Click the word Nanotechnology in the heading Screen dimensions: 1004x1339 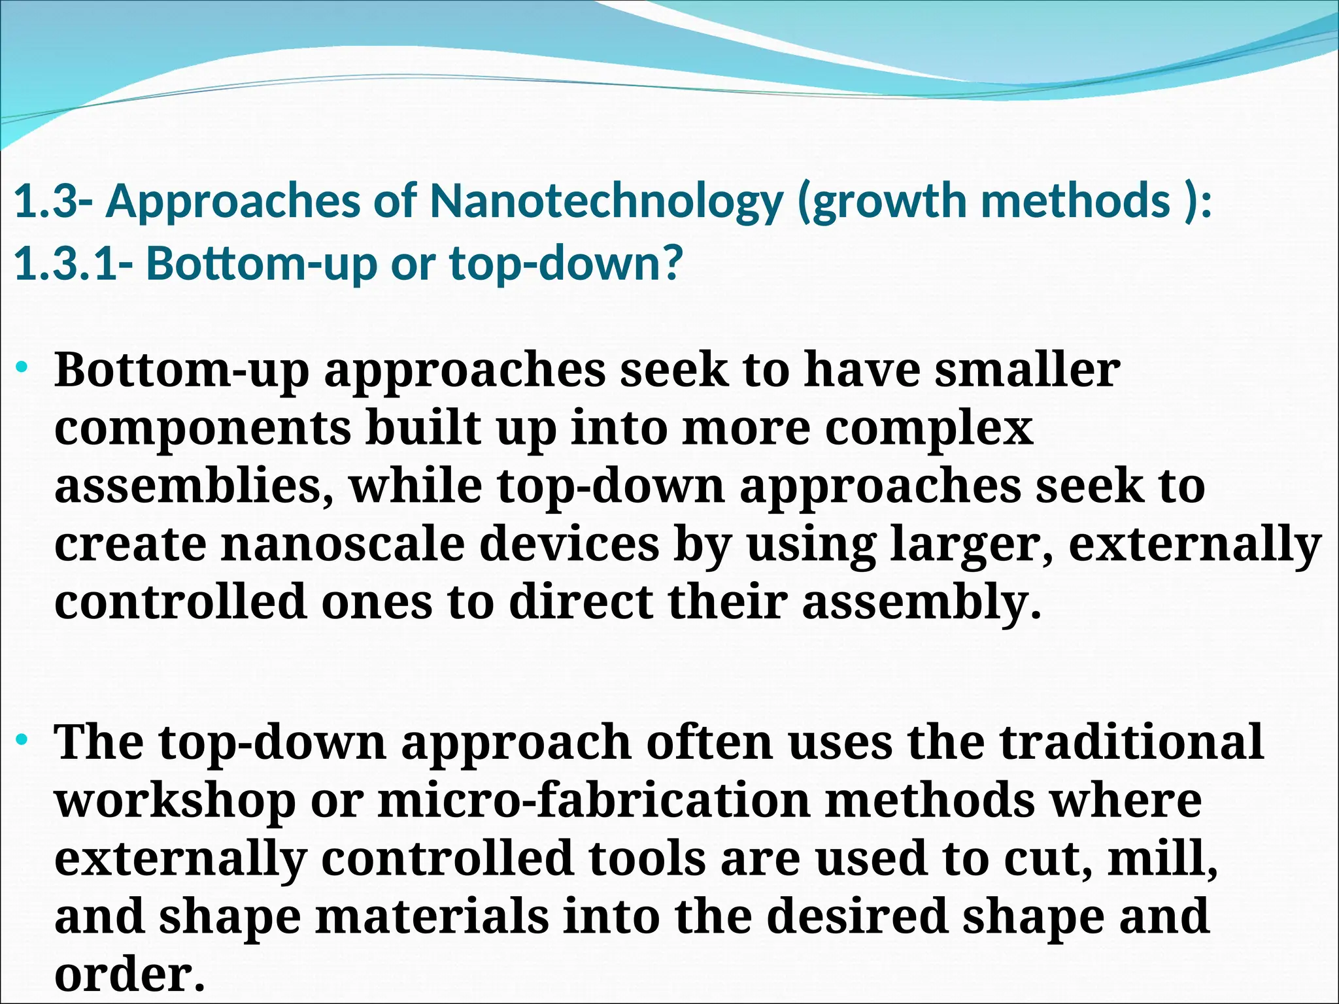[x=605, y=201]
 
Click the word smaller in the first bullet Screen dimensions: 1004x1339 [x=1027, y=369]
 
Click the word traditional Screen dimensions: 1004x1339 [x=1132, y=742]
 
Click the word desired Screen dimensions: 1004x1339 [x=857, y=916]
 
